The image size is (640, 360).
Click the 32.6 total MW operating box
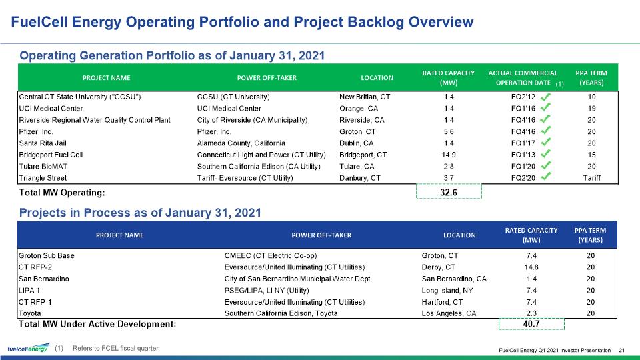click(449, 191)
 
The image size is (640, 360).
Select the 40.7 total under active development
click(531, 324)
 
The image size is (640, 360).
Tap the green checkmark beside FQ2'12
click(546, 97)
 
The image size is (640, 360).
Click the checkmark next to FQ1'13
click(546, 154)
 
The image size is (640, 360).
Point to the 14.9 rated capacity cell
click(449, 155)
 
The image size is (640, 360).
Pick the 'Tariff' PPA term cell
click(592, 178)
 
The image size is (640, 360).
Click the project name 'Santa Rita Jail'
click(43, 143)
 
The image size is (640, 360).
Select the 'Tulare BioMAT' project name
click(43, 167)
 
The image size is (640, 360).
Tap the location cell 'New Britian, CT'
click(365, 97)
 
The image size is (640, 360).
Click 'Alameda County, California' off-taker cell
click(241, 143)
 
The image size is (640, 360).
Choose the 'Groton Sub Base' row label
click(47, 255)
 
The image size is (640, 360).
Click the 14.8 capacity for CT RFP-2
click(531, 267)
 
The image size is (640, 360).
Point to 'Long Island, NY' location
click(447, 290)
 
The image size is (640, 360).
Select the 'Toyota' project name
click(30, 313)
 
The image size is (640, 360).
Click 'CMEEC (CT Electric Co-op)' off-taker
click(271, 255)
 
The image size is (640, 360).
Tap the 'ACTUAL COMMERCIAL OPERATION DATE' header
click(523, 77)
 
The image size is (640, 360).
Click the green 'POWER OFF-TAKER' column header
click(267, 77)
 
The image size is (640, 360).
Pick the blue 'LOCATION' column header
click(459, 235)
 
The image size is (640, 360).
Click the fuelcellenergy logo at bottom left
click(29, 348)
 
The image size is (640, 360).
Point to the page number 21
click(622, 350)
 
